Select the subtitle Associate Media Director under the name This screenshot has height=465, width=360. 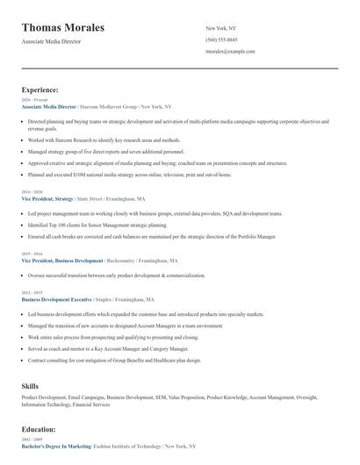(x=52, y=41)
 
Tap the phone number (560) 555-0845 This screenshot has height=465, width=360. (x=221, y=39)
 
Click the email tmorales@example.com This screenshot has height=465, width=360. (x=230, y=51)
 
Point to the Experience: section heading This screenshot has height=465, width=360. (x=40, y=89)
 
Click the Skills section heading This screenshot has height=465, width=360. (x=30, y=385)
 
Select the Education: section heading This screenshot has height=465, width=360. (x=39, y=430)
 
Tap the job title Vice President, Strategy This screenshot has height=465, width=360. (x=47, y=199)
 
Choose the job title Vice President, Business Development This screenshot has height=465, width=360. (x=62, y=261)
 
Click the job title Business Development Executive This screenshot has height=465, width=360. (x=58, y=299)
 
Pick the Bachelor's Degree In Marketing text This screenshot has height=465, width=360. (x=56, y=447)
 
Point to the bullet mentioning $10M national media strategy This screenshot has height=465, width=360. (x=130, y=175)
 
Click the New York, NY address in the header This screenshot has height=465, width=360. (x=220, y=28)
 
